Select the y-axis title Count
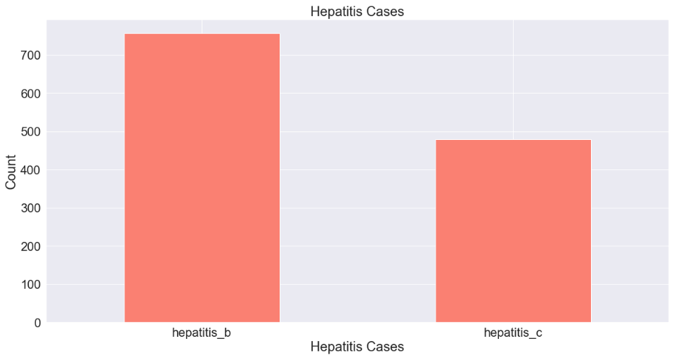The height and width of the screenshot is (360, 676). [x=11, y=172]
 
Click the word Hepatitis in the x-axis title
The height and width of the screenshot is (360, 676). [x=334, y=347]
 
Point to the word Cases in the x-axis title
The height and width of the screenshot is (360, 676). [x=384, y=347]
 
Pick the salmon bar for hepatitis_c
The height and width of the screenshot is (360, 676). [x=513, y=231]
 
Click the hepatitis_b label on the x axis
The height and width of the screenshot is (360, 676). [x=202, y=332]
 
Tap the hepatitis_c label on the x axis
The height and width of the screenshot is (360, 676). [x=513, y=332]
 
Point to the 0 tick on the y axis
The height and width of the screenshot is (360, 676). [x=37, y=323]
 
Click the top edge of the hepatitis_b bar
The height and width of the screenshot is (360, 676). [x=202, y=34]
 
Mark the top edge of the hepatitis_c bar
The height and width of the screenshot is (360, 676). [x=513, y=140]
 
